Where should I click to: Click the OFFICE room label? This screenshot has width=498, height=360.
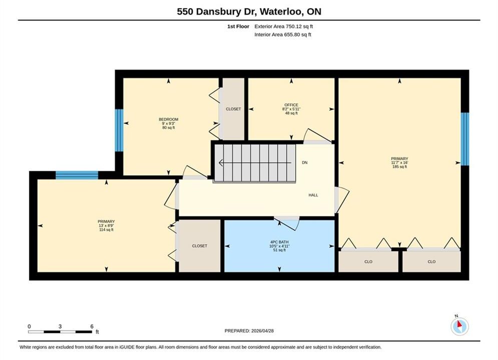tap(291, 105)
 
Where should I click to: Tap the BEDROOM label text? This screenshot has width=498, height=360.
tap(168, 119)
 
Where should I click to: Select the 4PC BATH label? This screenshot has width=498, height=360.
tap(279, 242)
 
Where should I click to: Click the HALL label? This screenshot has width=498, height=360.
tap(313, 195)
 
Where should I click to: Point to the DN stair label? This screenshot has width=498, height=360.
tap(305, 162)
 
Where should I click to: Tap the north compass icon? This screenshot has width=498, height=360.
tap(459, 325)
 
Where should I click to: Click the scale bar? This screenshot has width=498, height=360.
tap(60, 332)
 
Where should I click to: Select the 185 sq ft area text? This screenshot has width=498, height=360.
tap(399, 167)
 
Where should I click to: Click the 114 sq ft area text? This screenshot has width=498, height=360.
tap(106, 229)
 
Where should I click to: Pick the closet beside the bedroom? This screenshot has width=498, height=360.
tap(233, 109)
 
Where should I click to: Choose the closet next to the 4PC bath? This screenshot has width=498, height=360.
tap(200, 246)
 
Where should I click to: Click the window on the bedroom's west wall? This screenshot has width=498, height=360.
tap(119, 130)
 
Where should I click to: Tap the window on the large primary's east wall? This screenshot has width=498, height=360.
tap(464, 139)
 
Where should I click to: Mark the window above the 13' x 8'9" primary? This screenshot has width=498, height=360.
tap(77, 175)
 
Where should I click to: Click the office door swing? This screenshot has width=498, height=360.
tap(318, 136)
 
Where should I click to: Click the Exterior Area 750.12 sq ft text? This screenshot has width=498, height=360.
tap(284, 26)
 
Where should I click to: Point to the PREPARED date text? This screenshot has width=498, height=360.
tap(249, 331)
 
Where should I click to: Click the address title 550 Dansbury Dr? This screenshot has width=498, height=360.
tap(217, 11)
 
